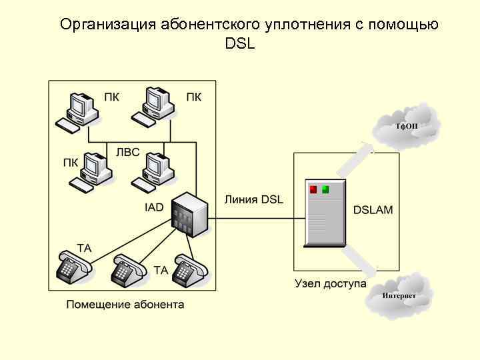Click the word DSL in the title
click(240, 44)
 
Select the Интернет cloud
click(399, 293)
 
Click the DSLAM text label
click(373, 209)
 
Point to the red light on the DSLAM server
click(313, 189)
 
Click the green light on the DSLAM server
click(325, 189)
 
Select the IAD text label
click(154, 207)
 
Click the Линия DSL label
click(253, 199)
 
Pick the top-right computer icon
click(154, 107)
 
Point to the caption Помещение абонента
click(125, 305)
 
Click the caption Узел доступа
click(331, 283)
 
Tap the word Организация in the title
click(107, 25)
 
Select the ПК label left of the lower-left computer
click(71, 163)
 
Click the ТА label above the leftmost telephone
click(85, 248)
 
